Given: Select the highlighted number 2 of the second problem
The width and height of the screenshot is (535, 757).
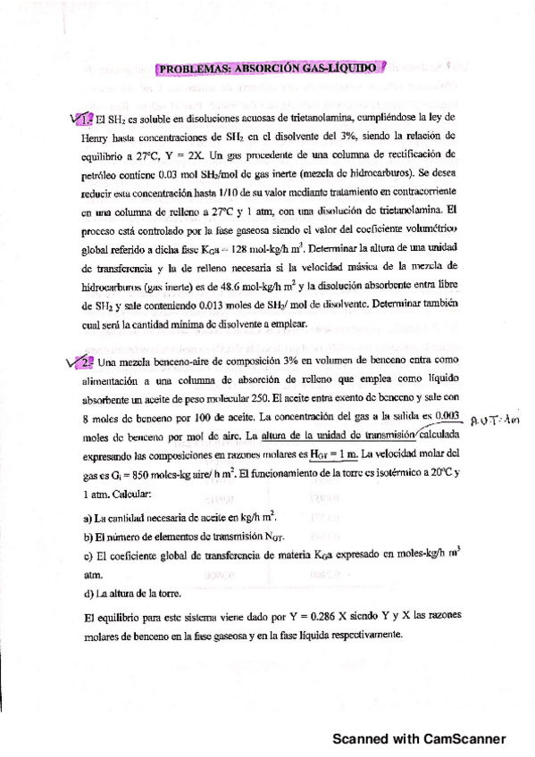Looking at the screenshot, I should (84, 362).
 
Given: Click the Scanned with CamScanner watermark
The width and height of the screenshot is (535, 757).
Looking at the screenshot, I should (419, 739).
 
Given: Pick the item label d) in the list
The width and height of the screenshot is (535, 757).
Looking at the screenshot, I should (87, 593).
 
